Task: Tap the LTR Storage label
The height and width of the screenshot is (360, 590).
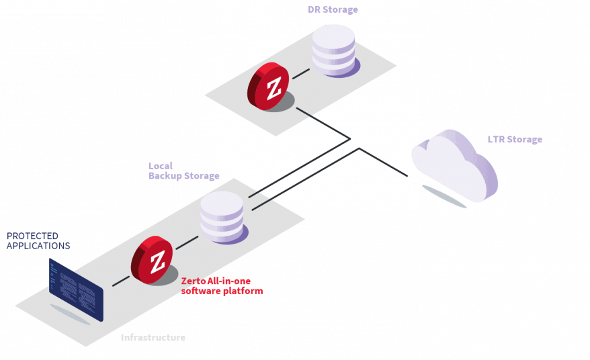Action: click(x=515, y=140)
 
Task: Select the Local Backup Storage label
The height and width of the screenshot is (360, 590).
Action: click(x=183, y=171)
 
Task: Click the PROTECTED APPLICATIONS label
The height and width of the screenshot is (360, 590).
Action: click(x=38, y=241)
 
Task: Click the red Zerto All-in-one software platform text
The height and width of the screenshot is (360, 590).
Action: click(x=222, y=286)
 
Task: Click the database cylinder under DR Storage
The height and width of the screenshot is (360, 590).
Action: click(x=333, y=50)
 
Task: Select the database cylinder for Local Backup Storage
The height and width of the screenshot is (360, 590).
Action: click(x=222, y=216)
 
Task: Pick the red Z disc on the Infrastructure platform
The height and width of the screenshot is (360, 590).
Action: click(x=153, y=259)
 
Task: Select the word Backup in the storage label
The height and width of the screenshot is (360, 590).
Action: click(x=165, y=176)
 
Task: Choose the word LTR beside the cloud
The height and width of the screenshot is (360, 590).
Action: click(x=496, y=140)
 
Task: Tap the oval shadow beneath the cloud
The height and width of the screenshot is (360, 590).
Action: click(x=444, y=197)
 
